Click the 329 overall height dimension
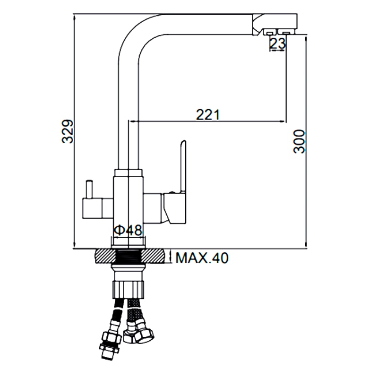point(68,131)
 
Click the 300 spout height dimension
point(299,141)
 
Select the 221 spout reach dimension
point(208,114)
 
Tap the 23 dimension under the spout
point(278,44)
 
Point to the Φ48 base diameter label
point(128,231)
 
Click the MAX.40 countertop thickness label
point(202,258)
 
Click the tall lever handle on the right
point(183,166)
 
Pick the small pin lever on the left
point(89,189)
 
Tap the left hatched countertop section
point(106,256)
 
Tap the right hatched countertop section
point(154,256)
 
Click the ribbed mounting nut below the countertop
point(128,290)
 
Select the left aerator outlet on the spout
point(269,32)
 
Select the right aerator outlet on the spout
point(286,32)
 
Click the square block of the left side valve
point(92,208)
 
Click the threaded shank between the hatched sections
point(129,256)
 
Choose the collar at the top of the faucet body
point(129,173)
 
